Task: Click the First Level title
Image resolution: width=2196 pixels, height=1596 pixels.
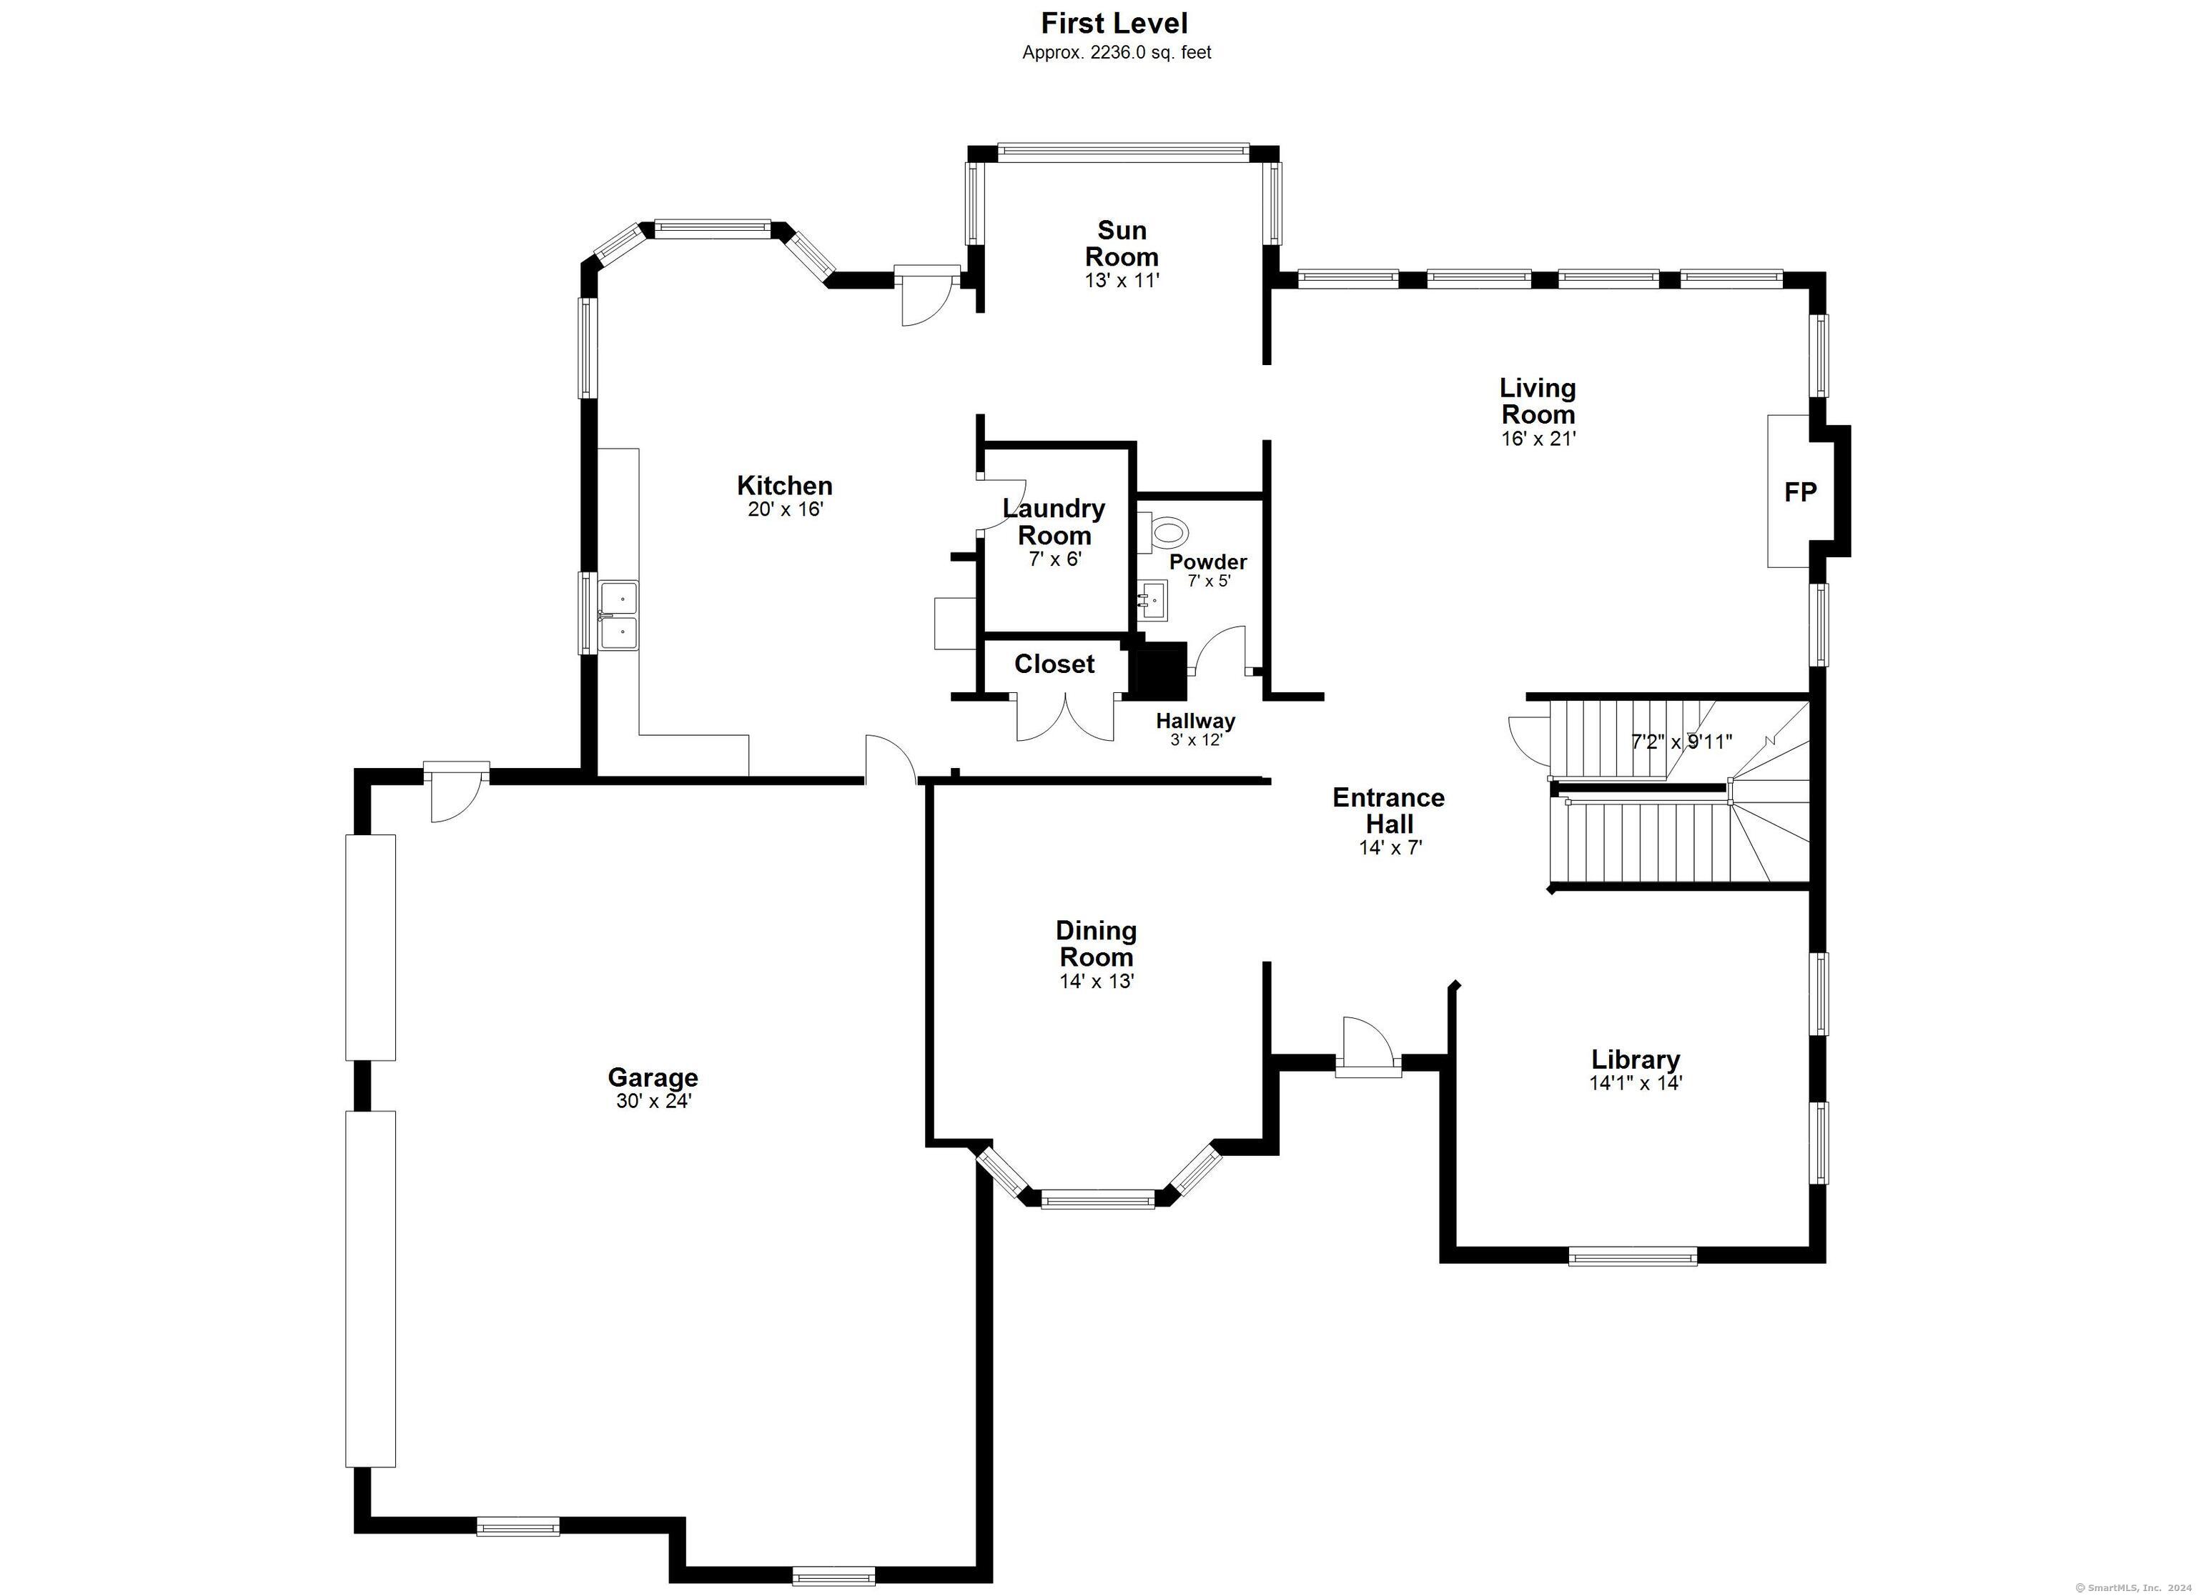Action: [x=1114, y=24]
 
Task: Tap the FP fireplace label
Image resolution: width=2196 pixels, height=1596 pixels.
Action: [x=1800, y=492]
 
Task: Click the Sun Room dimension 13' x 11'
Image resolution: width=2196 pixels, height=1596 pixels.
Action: [x=1122, y=281]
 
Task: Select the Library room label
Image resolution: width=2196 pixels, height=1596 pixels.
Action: [x=1636, y=1059]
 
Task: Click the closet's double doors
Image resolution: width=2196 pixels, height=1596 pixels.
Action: [x=1064, y=717]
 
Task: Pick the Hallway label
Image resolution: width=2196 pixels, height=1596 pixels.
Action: [x=1196, y=721]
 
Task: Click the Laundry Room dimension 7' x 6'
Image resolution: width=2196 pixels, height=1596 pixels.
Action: [x=1054, y=559]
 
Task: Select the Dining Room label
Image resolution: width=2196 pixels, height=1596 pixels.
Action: [x=1096, y=944]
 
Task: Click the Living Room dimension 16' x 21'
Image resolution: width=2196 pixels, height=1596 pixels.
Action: [x=1538, y=437]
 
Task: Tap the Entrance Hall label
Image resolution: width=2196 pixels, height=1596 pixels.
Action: [x=1388, y=810]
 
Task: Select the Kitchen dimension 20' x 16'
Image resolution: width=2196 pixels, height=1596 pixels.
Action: [x=785, y=509]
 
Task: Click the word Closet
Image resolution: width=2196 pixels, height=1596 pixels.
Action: [x=1054, y=664]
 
